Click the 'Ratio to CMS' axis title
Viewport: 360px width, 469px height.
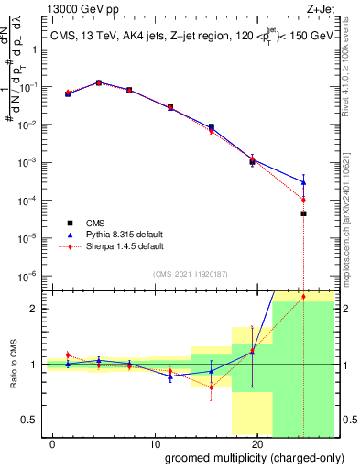tap(14, 365)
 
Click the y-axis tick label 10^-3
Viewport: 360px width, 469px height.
tap(28, 162)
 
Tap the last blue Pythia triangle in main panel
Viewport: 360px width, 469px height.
tap(303, 182)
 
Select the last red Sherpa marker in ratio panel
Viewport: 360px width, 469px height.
tap(303, 296)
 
